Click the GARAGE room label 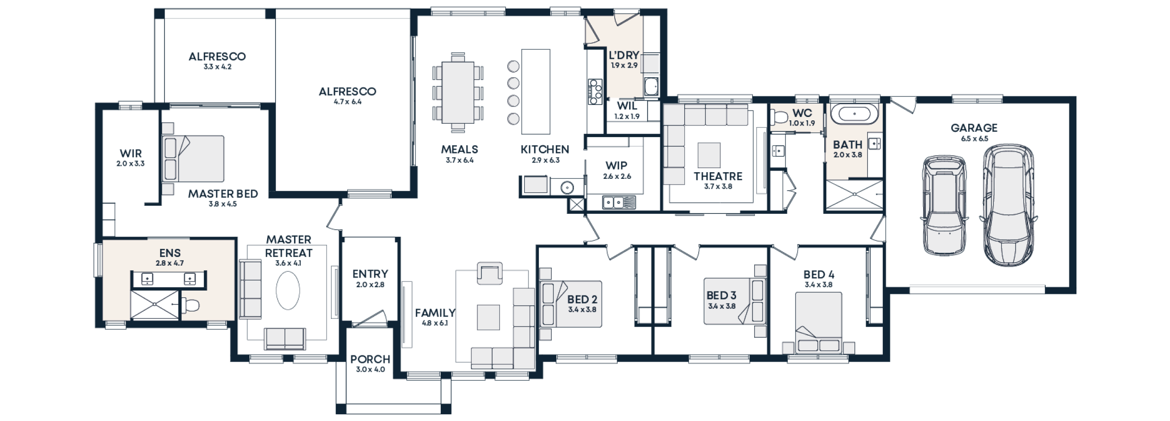pos(974,128)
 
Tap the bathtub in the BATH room pos(854,115)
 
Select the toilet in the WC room pos(780,117)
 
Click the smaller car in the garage pos(944,205)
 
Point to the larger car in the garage pos(1008,205)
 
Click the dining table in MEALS pos(458,93)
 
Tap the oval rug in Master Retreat pos(288,290)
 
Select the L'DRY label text pos(624,55)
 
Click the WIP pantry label pos(616,165)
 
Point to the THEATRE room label pos(717,176)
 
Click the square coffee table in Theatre pos(709,155)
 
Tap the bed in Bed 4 pos(819,323)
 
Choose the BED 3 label pos(721,295)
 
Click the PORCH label pos(370,359)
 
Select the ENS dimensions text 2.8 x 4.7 pos(170,263)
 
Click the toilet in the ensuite pos(190,305)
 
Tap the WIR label pos(130,153)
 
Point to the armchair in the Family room pos(490,273)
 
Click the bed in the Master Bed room pos(193,159)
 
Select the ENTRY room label pos(370,274)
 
